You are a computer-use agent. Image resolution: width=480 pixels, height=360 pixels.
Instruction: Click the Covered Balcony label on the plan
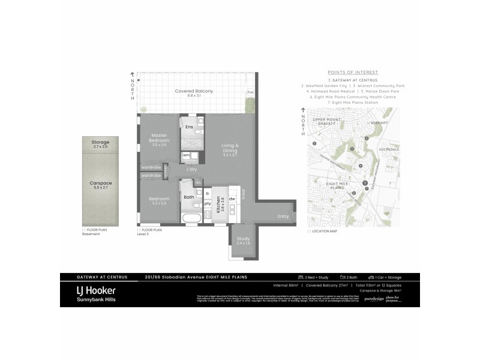click(x=194, y=92)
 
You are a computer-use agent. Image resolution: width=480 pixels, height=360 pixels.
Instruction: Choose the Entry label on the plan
click(x=283, y=216)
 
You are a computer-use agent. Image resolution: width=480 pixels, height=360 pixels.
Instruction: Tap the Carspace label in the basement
click(x=100, y=186)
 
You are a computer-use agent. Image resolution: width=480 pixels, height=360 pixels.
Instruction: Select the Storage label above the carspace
click(x=100, y=143)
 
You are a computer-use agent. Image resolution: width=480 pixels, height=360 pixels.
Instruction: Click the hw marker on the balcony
click(x=250, y=92)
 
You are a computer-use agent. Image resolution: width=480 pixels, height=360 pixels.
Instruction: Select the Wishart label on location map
click(x=379, y=122)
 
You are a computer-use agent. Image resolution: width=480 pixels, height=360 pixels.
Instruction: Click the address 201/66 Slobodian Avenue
click(x=196, y=277)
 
